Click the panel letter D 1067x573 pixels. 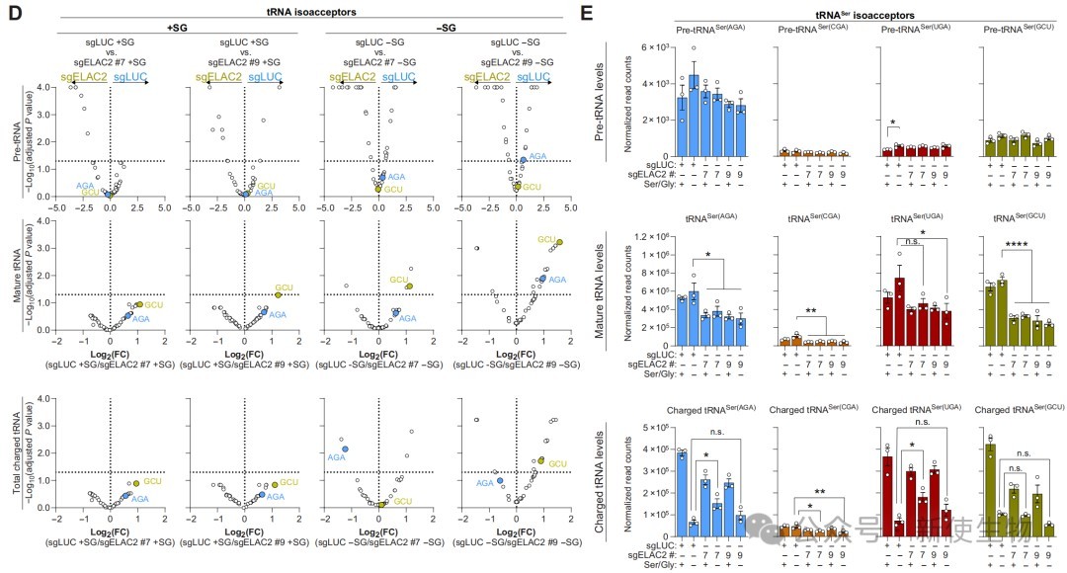coord(10,13)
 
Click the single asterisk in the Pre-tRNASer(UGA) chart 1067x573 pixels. coord(892,123)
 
